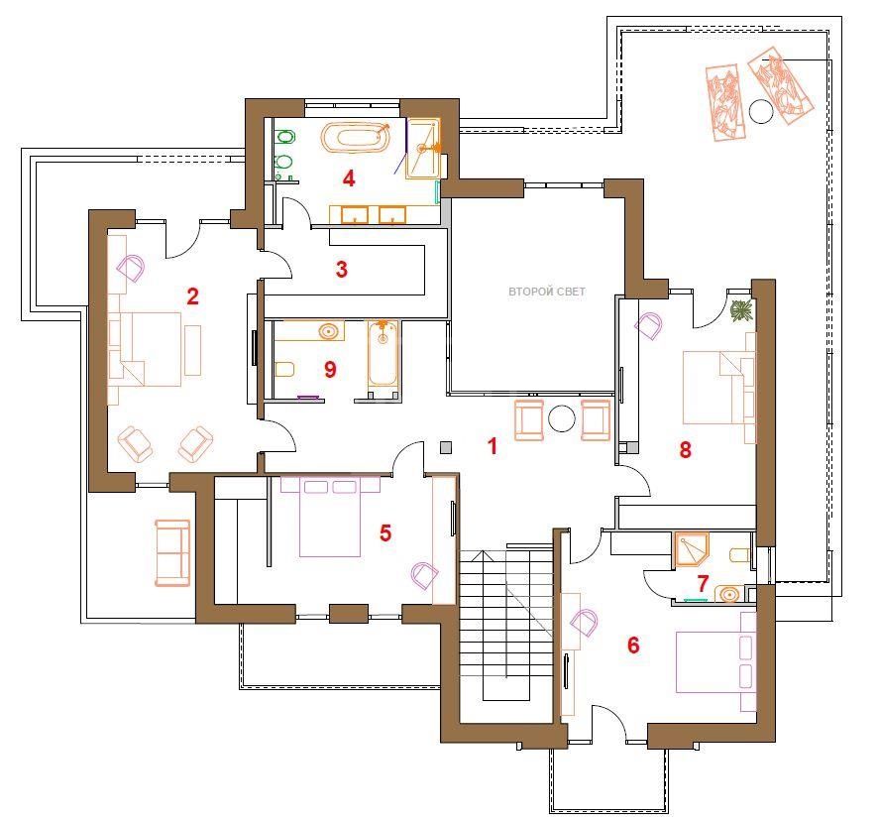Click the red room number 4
pyautogui.click(x=349, y=178)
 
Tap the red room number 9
pyautogui.click(x=330, y=369)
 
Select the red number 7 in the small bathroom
pyautogui.click(x=703, y=583)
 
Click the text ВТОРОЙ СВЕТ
pyautogui.click(x=546, y=292)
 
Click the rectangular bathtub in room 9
pyautogui.click(x=383, y=354)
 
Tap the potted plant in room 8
pyautogui.click(x=742, y=309)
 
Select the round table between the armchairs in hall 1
pyautogui.click(x=561, y=417)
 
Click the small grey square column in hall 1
pyautogui.click(x=446, y=447)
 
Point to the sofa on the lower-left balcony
pyautogui.click(x=172, y=553)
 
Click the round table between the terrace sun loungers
pyautogui.click(x=760, y=111)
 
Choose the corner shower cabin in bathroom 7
pyautogui.click(x=692, y=549)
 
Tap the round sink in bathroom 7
pyautogui.click(x=729, y=593)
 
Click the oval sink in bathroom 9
pyautogui.click(x=329, y=331)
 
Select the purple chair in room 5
pyautogui.click(x=424, y=575)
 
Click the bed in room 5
pyautogui.click(x=330, y=517)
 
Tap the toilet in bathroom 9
pyautogui.click(x=285, y=370)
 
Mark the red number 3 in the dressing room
pyautogui.click(x=342, y=269)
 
